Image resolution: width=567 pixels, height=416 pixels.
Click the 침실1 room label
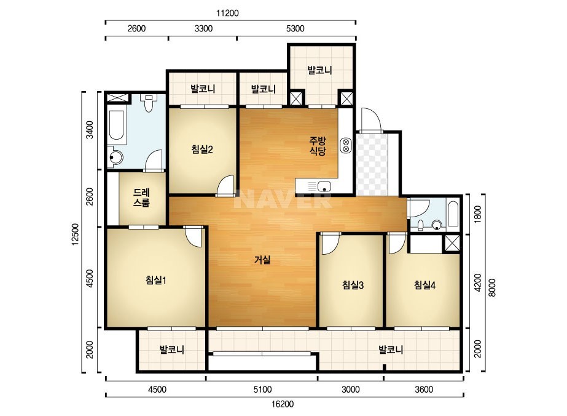(x=156, y=280)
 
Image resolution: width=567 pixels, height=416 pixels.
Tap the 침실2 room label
(x=201, y=150)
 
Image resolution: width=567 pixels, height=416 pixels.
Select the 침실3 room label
(x=353, y=285)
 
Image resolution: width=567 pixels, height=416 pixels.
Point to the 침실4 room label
(x=424, y=285)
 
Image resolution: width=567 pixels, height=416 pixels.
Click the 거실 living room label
(x=262, y=260)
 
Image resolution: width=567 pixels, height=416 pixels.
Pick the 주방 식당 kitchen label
(x=318, y=146)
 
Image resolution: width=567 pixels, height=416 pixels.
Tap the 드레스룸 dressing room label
(x=141, y=198)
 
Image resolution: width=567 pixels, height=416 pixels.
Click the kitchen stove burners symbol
(x=346, y=145)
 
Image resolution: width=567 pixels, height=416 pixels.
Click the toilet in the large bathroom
(x=148, y=103)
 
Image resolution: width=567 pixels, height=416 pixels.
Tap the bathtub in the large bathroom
(x=117, y=125)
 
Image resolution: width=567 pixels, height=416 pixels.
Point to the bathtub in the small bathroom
(x=453, y=213)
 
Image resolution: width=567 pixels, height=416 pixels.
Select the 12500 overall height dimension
(x=75, y=234)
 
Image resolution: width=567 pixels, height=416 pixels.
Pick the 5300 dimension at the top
(x=295, y=29)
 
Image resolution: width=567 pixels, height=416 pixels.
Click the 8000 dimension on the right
(x=492, y=288)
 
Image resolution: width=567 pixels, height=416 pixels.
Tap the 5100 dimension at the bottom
(x=262, y=390)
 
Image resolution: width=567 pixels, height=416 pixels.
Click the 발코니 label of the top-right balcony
(x=319, y=70)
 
